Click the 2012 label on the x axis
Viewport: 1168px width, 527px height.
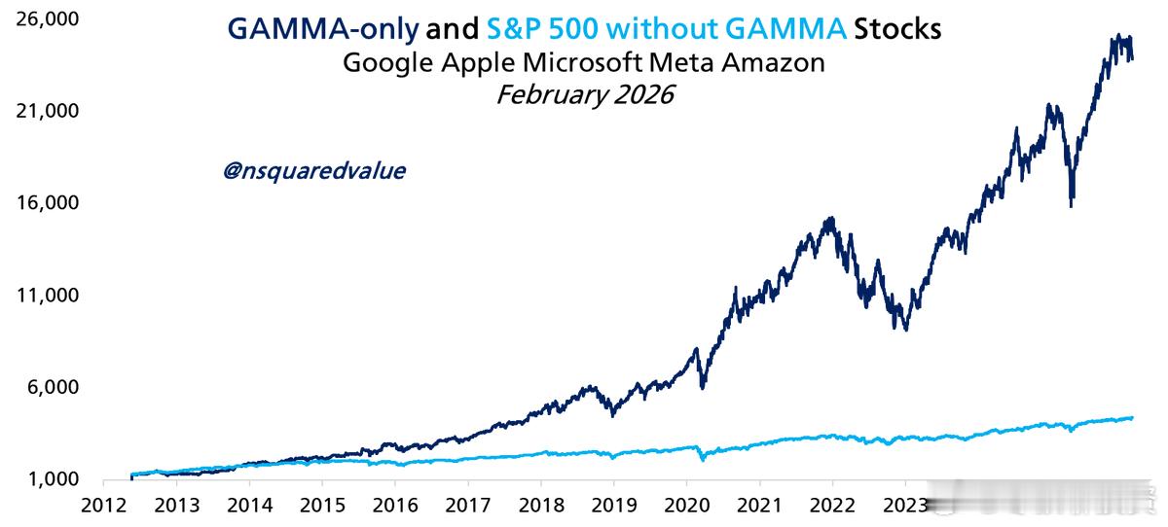click(102, 505)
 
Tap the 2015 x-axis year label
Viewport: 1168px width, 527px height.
click(322, 505)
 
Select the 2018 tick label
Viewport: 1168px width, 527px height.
click(541, 505)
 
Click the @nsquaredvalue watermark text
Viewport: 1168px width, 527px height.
click(314, 171)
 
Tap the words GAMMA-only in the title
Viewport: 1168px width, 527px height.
click(324, 29)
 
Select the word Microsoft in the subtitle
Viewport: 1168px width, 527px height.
click(581, 63)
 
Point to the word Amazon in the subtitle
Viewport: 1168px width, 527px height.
click(782, 63)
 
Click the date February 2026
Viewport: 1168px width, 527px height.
click(584, 95)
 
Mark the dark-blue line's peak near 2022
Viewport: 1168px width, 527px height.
click(829, 219)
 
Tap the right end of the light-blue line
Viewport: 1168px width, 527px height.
click(1132, 418)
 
